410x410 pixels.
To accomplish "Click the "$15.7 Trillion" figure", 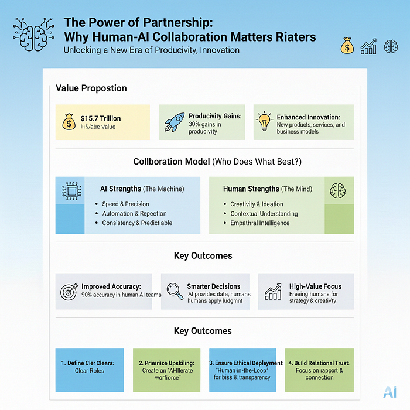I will point(101,118).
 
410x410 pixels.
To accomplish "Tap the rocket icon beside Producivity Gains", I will point(175,122).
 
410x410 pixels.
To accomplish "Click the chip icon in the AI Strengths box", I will point(70,191).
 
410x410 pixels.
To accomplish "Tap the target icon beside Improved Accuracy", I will point(69,291).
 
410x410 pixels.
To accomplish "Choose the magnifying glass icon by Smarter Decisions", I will point(174,291).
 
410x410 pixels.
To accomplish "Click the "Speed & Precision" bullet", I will point(125,204).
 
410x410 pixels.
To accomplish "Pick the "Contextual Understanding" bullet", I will point(264,213).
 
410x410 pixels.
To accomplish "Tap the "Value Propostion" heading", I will point(91,88).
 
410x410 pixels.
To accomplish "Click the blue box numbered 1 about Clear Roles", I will point(90,370).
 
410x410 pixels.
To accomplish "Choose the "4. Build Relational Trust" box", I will point(320,370).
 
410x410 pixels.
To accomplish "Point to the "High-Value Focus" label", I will point(315,286).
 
